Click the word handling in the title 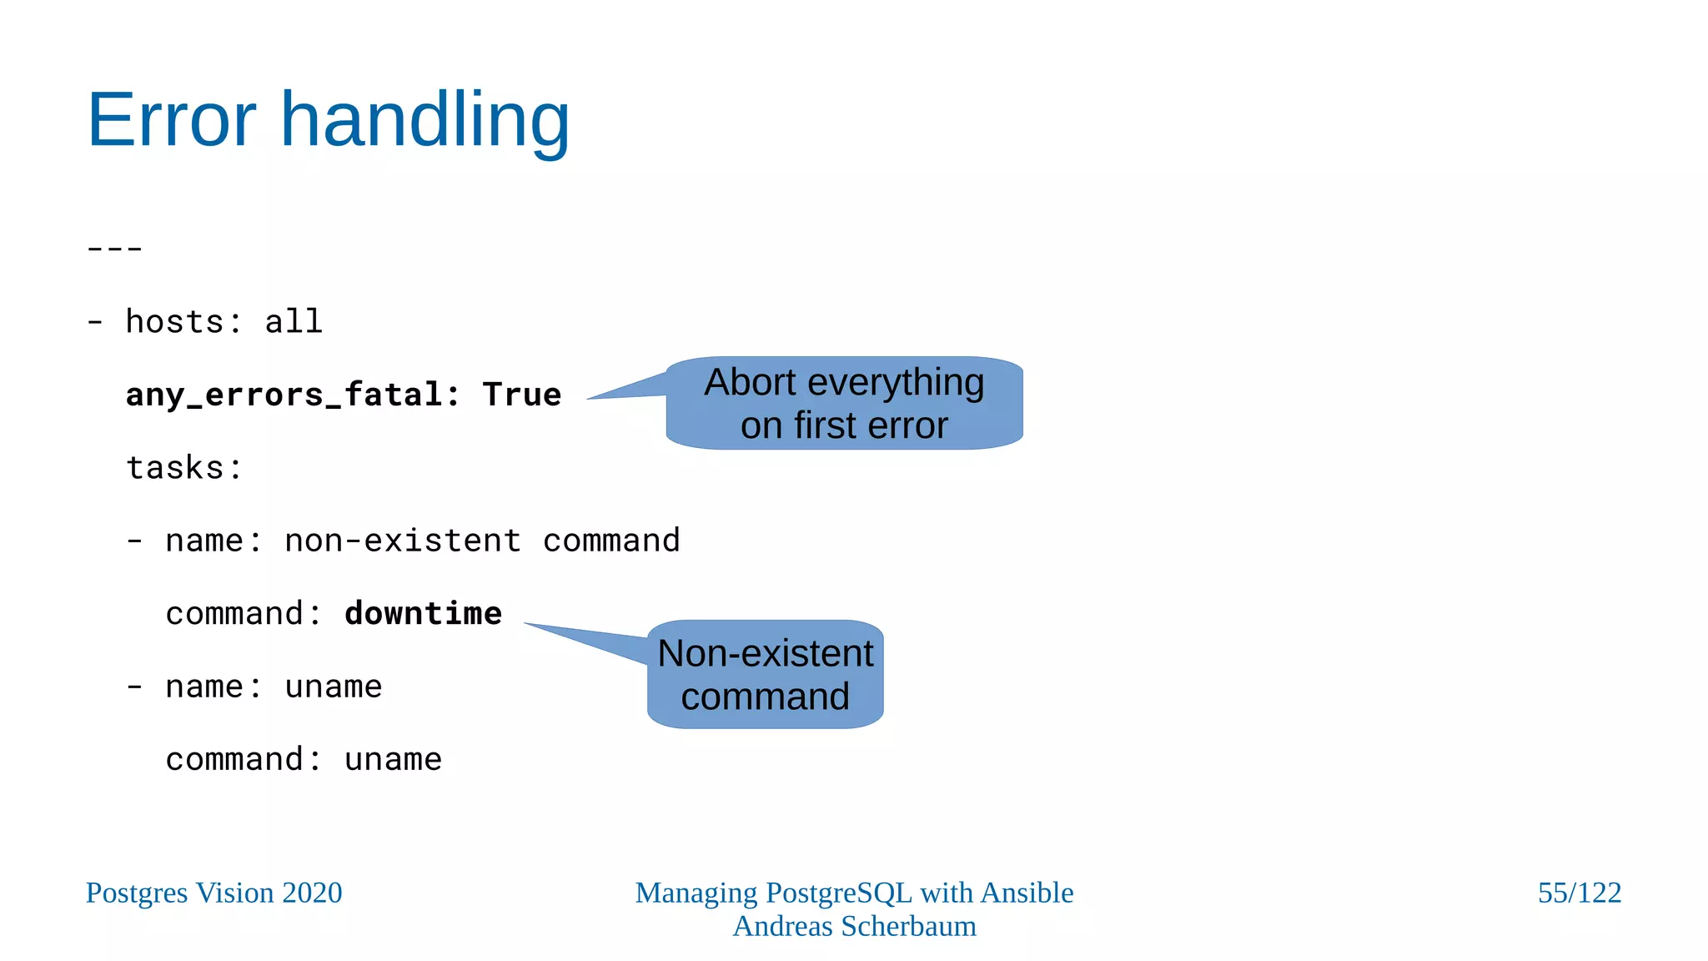[424, 120]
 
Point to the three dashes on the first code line [115, 249]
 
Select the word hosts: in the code [183, 322]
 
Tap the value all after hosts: [294, 322]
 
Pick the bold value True [522, 395]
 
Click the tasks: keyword [183, 468]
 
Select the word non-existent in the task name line [403, 541]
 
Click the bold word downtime [423, 614]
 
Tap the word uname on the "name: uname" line [333, 687]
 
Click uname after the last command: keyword [393, 760]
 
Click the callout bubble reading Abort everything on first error [844, 404]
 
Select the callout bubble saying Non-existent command [765, 675]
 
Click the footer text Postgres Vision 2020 [213, 893]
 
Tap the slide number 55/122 [1579, 893]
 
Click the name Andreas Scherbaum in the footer [854, 926]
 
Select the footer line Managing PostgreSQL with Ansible [854, 893]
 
